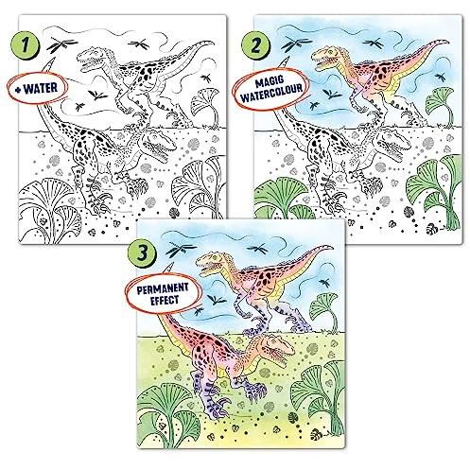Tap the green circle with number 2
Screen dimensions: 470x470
pyautogui.click(x=255, y=45)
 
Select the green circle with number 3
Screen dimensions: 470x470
pyautogui.click(x=143, y=252)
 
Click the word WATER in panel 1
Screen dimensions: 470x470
pyautogui.click(x=41, y=88)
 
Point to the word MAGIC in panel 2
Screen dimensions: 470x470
pyautogui.click(x=270, y=82)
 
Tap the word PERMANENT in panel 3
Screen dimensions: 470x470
pyautogui.click(x=163, y=288)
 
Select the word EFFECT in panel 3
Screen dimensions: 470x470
pyautogui.click(x=165, y=300)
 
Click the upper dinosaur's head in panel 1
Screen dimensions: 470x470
pyautogui.click(x=92, y=58)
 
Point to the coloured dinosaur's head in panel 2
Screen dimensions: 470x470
pyautogui.click(x=326, y=58)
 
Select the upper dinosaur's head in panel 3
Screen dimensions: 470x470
pyautogui.click(x=210, y=264)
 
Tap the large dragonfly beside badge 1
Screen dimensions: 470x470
pyautogui.click(x=61, y=45)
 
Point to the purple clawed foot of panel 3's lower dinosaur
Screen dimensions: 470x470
pyautogui.click(x=218, y=404)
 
